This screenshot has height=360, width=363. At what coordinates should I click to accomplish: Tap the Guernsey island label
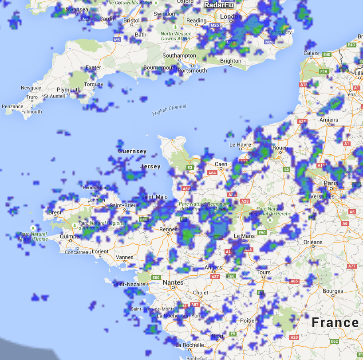132,152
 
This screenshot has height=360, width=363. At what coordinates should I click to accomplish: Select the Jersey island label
150,166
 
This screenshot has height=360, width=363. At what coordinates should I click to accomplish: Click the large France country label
335,322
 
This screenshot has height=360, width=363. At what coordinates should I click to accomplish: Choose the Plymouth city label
69,90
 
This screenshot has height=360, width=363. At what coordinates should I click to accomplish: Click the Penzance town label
12,106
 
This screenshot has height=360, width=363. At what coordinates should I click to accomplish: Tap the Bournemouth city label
160,68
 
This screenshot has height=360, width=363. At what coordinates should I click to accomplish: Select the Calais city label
311,53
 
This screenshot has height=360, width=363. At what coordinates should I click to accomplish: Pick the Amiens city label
328,120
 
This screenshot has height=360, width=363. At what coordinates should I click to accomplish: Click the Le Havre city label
240,145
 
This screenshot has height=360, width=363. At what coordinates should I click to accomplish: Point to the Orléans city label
313,242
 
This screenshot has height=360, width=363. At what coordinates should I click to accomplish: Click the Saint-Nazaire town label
129,284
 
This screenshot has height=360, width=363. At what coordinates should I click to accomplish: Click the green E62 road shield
335,341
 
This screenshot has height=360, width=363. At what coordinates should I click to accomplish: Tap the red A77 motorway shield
352,266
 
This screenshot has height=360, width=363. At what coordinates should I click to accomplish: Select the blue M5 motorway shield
117,40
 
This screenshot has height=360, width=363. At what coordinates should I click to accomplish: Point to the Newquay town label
31,88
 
